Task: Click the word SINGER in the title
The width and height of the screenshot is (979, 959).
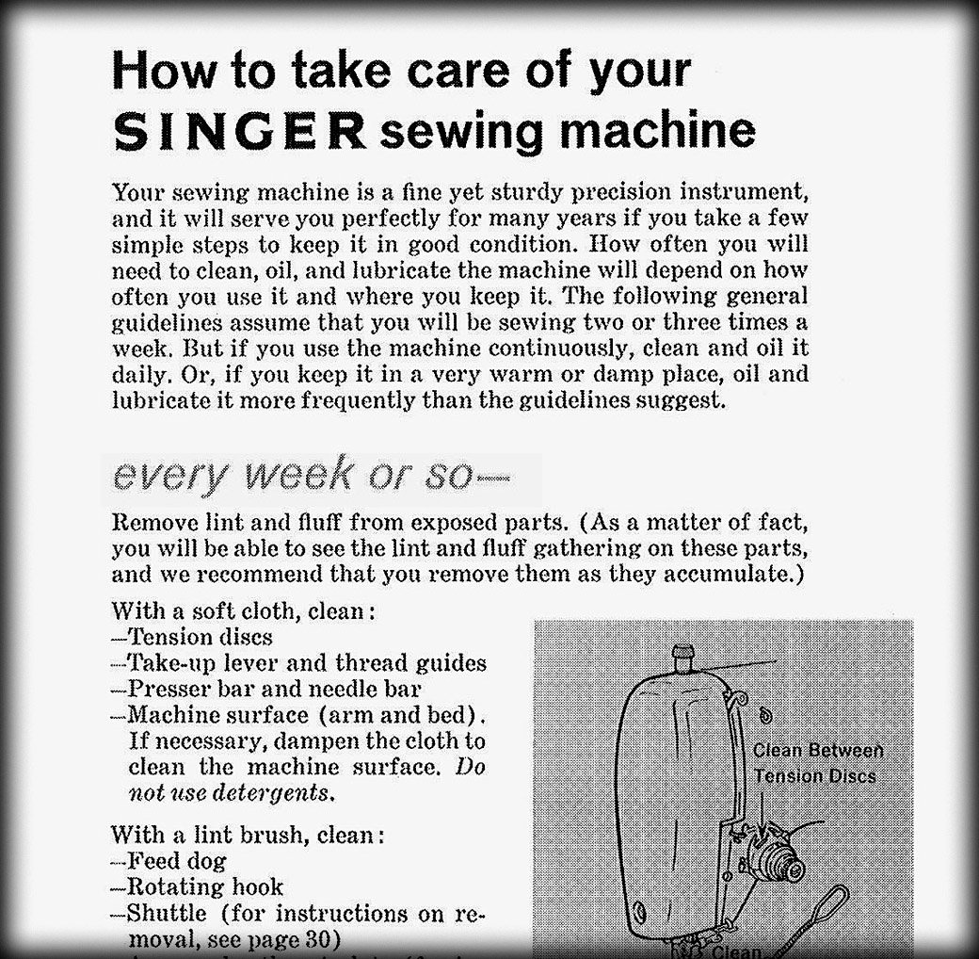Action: click(238, 132)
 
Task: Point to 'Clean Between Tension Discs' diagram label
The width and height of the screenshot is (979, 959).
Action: click(817, 763)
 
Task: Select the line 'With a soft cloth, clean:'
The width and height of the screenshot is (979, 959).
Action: click(244, 610)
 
